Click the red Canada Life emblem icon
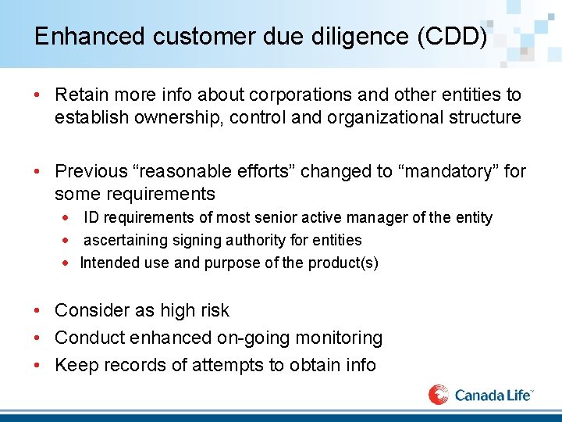439,395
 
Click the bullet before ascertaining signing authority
67,241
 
